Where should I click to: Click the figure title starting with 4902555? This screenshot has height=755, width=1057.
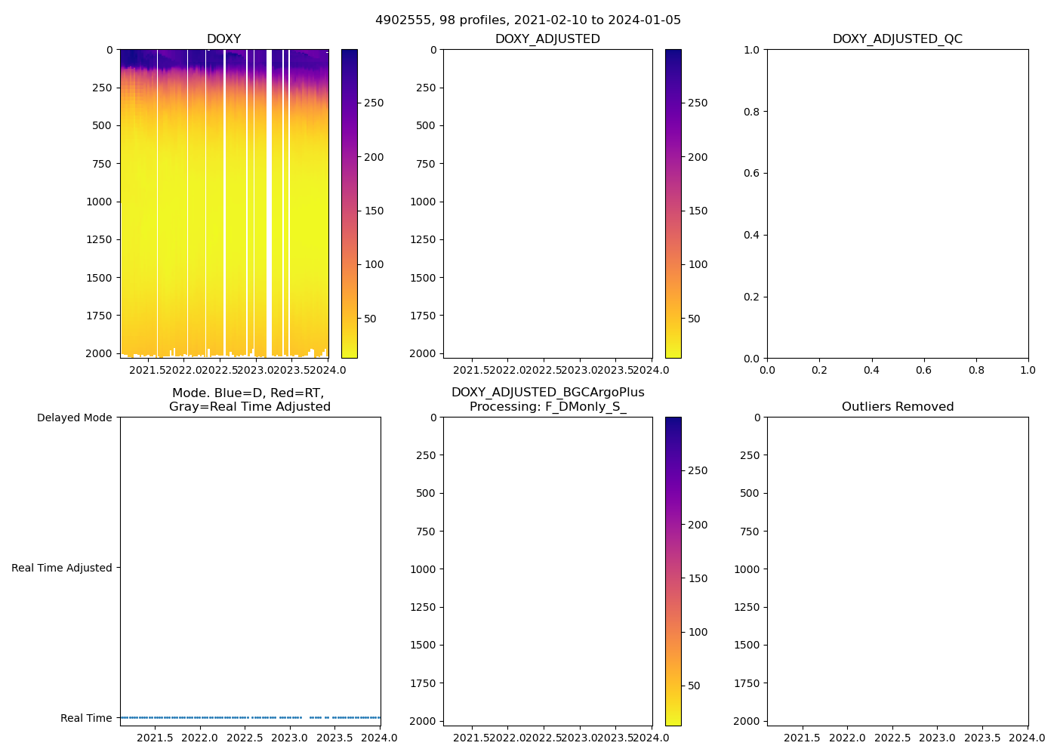528,20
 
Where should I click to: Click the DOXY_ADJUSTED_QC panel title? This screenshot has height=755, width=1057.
897,39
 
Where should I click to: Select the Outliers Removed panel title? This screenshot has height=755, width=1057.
897,407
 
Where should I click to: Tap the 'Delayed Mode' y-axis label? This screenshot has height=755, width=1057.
74,418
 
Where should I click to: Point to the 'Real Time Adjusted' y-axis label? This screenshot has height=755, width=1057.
61,568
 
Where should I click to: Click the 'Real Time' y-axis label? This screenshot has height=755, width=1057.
86,718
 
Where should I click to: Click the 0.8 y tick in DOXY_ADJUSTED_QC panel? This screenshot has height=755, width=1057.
753,112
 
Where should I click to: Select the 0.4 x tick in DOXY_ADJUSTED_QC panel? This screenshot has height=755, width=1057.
871,370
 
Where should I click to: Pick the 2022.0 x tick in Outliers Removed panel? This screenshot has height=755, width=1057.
847,738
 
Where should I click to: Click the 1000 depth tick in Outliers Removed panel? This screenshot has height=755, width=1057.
747,569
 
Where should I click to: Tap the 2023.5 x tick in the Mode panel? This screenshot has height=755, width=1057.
334,738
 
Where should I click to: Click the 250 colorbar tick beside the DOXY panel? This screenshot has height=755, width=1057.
374,103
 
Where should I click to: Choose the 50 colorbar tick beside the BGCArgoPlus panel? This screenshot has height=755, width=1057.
694,686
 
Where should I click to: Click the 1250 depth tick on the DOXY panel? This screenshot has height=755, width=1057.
99,239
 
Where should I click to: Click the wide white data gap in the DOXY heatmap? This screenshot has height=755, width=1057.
269,204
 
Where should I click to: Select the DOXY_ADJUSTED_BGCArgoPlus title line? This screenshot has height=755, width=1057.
547,393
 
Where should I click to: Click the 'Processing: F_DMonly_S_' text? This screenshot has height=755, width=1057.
547,407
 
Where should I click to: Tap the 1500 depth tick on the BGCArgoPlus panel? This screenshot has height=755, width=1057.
423,645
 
